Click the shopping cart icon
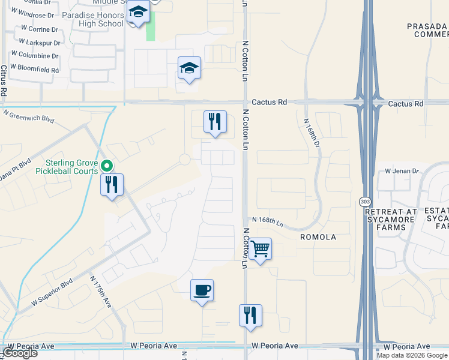coord(260,248)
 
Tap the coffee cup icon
coord(202,290)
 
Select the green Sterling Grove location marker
coord(107,166)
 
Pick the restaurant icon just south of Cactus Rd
coord(214,122)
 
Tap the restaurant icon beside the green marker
coord(112,185)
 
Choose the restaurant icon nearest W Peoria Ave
coord(250,316)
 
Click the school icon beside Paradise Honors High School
coord(138,13)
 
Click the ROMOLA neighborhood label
coord(318,237)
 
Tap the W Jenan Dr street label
coord(402,171)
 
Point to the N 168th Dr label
coord(308,126)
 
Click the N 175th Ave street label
coord(101,292)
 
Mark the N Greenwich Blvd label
coord(28,115)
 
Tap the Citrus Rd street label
coord(4,81)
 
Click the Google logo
coord(20,353)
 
